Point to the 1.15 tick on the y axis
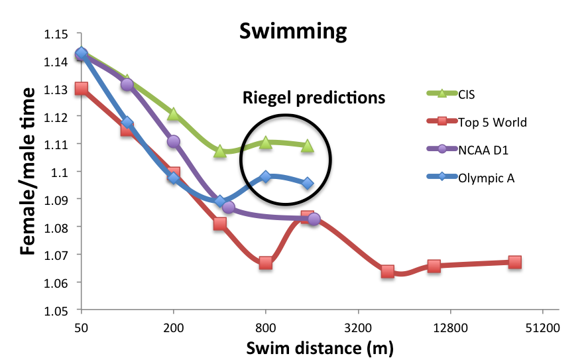point(58,34)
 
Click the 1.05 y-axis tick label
point(58,310)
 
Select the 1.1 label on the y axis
point(63,172)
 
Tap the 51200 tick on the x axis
point(542,328)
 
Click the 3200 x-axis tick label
point(358,328)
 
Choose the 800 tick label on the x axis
point(266,328)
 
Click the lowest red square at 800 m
point(266,263)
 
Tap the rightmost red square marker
point(514,262)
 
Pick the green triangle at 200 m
point(174,114)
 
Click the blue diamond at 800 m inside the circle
point(266,176)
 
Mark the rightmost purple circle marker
point(314,219)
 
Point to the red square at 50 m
point(81,88)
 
